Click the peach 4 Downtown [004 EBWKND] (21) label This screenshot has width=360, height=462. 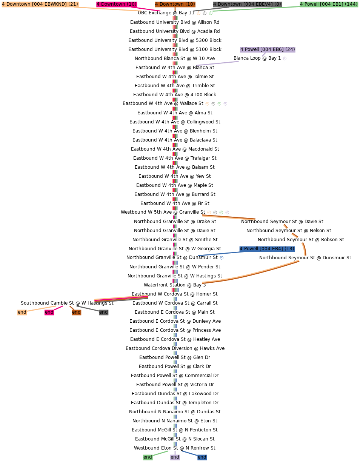40,4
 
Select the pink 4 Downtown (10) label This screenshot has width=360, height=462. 117,4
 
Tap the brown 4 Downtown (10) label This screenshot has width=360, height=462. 175,4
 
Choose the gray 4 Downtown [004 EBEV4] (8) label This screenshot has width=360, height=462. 247,4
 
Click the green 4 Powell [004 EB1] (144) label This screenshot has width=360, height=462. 329,4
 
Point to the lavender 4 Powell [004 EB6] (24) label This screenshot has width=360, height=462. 268,49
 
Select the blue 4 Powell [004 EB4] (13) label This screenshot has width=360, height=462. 267,249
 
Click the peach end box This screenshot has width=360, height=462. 22,312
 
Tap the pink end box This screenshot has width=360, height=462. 49,312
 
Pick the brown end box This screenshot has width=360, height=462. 77,312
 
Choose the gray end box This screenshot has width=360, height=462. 103,312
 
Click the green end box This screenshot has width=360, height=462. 148,457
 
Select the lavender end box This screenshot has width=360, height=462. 175,457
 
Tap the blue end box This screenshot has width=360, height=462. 202,457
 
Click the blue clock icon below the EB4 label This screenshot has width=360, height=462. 222,258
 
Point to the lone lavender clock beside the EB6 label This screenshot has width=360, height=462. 285,59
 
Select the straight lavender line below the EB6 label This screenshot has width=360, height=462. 217,63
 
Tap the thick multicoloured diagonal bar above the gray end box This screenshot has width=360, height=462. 121,299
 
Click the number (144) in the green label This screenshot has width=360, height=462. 351,4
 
